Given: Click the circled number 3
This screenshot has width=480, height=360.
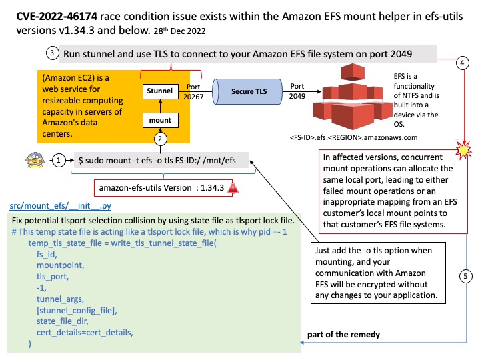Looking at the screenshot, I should click(x=52, y=53).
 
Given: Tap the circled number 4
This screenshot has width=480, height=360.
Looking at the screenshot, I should click(x=462, y=63).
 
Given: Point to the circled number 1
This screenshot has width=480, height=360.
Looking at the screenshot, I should click(x=60, y=161).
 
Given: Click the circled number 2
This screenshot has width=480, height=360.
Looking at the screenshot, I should click(x=160, y=139).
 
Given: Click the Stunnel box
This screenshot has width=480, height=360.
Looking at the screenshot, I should click(x=160, y=91).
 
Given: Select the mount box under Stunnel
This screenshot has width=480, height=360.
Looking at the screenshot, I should click(x=160, y=121).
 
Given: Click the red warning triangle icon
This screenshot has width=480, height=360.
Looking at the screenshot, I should click(x=233, y=189).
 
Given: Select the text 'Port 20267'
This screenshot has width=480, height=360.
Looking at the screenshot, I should click(x=193, y=92).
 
